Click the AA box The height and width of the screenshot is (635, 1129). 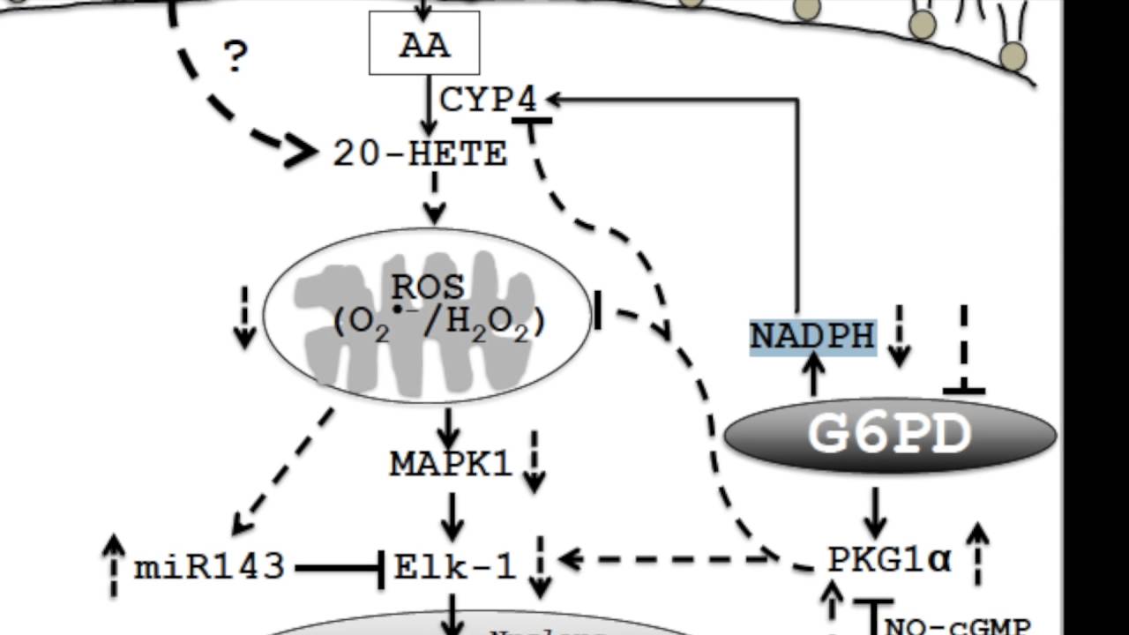pyautogui.click(x=424, y=42)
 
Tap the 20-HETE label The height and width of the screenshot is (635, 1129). pyautogui.click(x=420, y=154)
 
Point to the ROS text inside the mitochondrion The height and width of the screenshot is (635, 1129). pyautogui.click(x=428, y=288)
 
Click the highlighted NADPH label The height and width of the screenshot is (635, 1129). pyautogui.click(x=812, y=336)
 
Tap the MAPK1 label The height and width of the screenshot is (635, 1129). pyautogui.click(x=451, y=463)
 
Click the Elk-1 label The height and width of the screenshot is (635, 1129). pyautogui.click(x=454, y=565)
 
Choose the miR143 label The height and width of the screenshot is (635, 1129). pyautogui.click(x=209, y=566)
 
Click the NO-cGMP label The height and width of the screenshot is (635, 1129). pyautogui.click(x=957, y=627)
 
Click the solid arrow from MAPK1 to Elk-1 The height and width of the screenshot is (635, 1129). pyautogui.click(x=452, y=517)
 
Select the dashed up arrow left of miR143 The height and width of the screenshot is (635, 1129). pyautogui.click(x=114, y=566)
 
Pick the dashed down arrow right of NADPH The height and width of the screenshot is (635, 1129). pyautogui.click(x=898, y=336)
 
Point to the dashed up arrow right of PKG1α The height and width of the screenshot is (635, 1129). pyautogui.click(x=977, y=554)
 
